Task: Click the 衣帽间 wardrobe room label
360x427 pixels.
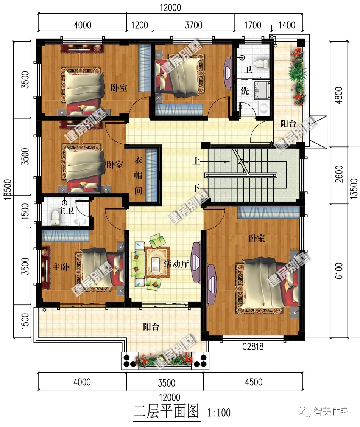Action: pos(139,175)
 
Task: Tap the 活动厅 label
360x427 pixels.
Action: pos(176,264)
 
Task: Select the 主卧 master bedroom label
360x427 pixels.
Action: pos(61,267)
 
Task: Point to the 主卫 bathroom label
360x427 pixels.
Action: pos(66,211)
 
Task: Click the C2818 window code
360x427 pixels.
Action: pos(253,347)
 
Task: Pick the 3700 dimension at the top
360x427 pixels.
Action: pos(193,25)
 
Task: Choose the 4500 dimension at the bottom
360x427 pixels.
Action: pos(254,382)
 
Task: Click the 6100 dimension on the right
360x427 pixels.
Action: pos(338,271)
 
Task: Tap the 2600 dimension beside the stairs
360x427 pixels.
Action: pos(339,174)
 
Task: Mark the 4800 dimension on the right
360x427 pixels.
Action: pos(338,95)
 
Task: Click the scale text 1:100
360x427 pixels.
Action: pos(219,413)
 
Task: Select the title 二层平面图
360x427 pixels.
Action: pos(167,411)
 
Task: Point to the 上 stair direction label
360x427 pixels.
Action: pos(196,161)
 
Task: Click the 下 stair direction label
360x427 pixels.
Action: pos(196,188)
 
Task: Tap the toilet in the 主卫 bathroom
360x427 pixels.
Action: pos(55,218)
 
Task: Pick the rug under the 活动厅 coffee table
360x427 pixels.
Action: pos(157,262)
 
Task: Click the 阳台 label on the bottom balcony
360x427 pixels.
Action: pos(151,326)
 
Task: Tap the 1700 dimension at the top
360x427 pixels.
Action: pos(252,25)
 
